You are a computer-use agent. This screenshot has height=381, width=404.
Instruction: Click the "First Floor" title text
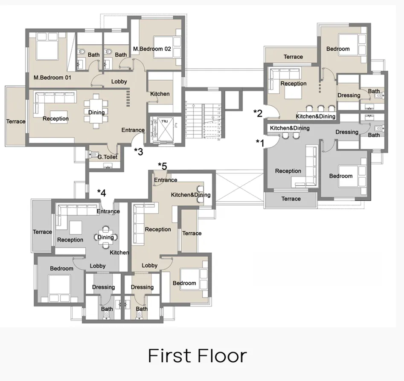(198, 356)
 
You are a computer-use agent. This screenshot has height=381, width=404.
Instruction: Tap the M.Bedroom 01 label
(52, 78)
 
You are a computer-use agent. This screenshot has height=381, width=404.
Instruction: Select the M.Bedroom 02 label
(152, 49)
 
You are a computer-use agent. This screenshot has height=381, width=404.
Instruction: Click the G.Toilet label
(108, 157)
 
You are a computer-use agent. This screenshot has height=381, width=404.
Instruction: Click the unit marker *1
(260, 142)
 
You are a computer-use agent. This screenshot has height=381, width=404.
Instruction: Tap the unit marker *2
(258, 113)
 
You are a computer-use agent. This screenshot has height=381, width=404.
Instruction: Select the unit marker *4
(101, 193)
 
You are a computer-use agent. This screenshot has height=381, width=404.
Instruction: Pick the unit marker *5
(162, 165)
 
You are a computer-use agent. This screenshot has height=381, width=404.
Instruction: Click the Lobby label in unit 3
(119, 81)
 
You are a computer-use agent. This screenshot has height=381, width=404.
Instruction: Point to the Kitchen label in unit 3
(160, 94)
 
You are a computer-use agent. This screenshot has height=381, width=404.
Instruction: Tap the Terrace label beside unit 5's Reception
(192, 233)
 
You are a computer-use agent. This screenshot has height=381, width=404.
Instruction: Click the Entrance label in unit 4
(108, 211)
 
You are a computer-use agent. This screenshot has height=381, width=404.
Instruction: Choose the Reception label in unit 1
(288, 171)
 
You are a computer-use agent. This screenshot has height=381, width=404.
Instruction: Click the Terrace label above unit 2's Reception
(293, 57)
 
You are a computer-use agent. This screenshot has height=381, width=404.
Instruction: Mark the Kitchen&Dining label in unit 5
(191, 195)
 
